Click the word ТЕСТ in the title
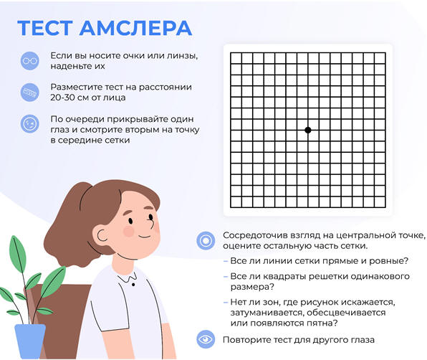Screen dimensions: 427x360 click(45, 28)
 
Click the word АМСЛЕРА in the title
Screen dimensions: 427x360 click(135, 28)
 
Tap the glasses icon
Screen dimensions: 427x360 click(29, 60)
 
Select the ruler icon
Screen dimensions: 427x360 click(29, 93)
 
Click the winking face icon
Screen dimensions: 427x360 click(29, 124)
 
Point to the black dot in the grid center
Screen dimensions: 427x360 click(308, 130)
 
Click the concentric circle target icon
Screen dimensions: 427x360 click(206, 241)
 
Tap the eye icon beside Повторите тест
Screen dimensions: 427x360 click(206, 339)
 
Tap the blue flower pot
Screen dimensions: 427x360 click(29, 341)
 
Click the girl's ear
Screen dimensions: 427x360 click(101, 235)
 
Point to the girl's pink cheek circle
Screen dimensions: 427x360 click(128, 232)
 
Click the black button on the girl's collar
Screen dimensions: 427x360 click(133, 285)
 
